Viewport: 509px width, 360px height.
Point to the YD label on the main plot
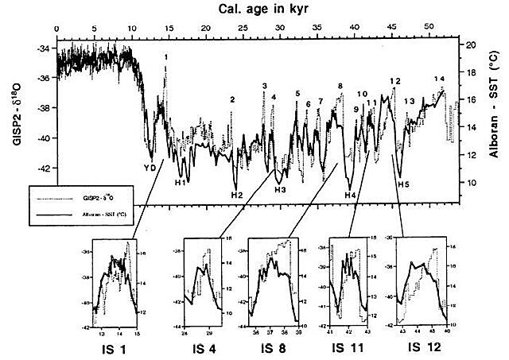(150, 168)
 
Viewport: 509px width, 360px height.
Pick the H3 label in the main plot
(280, 189)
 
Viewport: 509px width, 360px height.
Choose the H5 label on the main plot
(404, 185)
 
